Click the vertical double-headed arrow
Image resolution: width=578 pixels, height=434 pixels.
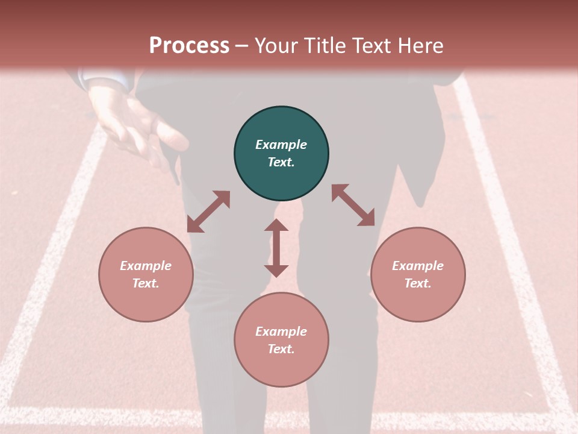tap(276, 248)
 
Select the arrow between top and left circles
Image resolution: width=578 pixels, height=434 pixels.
tap(208, 212)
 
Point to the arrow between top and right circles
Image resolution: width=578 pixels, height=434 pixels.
tap(353, 205)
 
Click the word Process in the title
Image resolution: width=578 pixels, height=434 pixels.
tap(189, 45)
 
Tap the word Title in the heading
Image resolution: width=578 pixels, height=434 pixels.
tap(324, 45)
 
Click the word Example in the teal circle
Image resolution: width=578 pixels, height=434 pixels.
tap(281, 145)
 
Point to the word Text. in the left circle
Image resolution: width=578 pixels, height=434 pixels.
tap(146, 283)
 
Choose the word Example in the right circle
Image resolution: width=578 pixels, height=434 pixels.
tap(418, 266)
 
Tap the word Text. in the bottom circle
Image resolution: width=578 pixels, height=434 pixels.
tap(281, 349)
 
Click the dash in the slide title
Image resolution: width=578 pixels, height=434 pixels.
tap(241, 46)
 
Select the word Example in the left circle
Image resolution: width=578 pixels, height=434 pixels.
tap(146, 266)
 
